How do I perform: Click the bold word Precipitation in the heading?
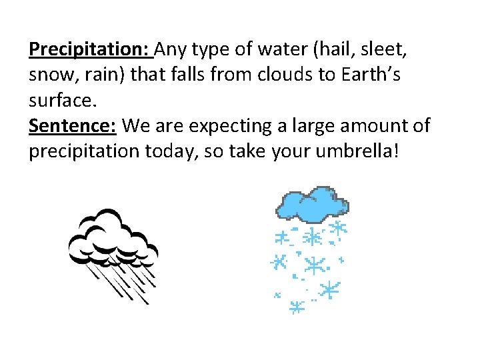91,49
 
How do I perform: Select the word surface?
62,100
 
